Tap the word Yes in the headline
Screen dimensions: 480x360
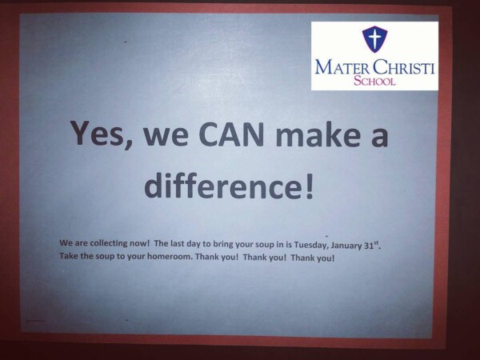click(x=97, y=133)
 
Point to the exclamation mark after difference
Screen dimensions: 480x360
click(x=310, y=186)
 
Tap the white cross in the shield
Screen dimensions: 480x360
click(x=374, y=38)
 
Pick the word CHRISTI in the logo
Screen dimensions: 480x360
click(x=404, y=66)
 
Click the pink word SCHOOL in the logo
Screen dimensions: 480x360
click(x=374, y=81)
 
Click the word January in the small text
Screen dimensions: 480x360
click(x=347, y=246)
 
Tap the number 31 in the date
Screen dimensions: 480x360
click(x=369, y=246)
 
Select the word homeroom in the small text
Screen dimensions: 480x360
click(x=170, y=256)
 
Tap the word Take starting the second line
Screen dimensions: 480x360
click(x=69, y=255)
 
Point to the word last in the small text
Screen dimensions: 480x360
click(x=177, y=244)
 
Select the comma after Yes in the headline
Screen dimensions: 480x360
click(x=129, y=144)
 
